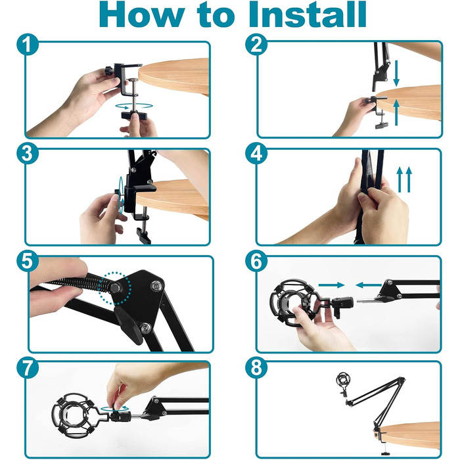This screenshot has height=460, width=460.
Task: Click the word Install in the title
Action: (308, 14)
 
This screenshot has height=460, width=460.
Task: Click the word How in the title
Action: (142, 14)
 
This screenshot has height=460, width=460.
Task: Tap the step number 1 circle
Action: (28, 44)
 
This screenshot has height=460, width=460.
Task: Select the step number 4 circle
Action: (256, 153)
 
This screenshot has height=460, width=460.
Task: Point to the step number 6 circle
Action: (256, 261)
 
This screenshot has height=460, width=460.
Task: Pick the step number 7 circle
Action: (28, 367)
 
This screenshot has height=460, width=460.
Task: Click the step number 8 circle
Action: (256, 367)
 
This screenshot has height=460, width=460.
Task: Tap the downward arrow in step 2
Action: (396, 74)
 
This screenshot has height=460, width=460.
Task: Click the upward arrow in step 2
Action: (396, 112)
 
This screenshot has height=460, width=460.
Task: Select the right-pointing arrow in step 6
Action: (331, 285)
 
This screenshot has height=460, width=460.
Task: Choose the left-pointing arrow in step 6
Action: (369, 285)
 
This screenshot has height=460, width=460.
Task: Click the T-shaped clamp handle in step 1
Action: (134, 115)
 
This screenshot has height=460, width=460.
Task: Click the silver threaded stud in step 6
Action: (366, 300)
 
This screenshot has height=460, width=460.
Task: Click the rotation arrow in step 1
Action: (134, 106)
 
